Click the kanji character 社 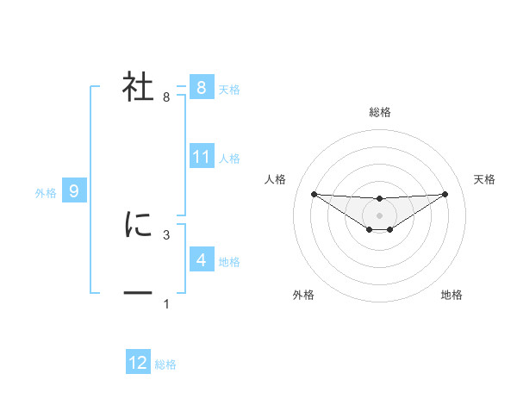point(139,88)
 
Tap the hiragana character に point(139,225)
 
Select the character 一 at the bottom point(139,294)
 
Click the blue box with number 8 point(201,88)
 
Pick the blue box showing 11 point(202,157)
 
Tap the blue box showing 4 point(201,259)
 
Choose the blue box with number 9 point(74,191)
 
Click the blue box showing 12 point(138,363)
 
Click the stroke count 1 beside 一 point(166,303)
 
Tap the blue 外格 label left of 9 point(46,193)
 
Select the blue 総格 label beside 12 point(165,364)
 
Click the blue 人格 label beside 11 point(229,159)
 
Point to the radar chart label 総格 point(379,112)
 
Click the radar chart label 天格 point(485,179)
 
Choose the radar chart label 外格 point(303,295)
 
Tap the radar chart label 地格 point(452,295)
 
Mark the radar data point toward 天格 point(445,194)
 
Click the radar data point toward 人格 point(314,194)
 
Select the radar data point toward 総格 point(379,198)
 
